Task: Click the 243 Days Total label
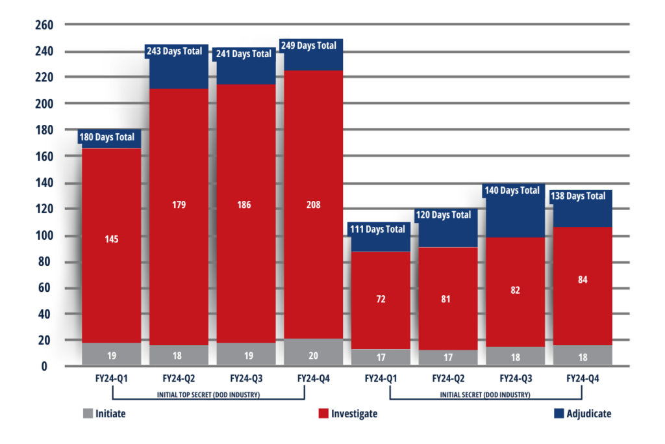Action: [x=179, y=51]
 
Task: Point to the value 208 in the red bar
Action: [x=314, y=205]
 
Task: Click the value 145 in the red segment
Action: [x=111, y=239]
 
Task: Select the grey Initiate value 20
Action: [x=314, y=356]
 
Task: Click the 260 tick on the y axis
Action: [x=44, y=25]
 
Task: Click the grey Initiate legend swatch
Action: [x=88, y=413]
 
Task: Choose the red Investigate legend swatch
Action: [x=323, y=413]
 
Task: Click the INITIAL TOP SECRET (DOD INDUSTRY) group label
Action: [x=208, y=395]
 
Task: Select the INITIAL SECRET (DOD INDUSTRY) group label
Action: [x=484, y=395]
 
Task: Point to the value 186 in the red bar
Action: [x=246, y=205]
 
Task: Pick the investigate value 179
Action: [x=179, y=205]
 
